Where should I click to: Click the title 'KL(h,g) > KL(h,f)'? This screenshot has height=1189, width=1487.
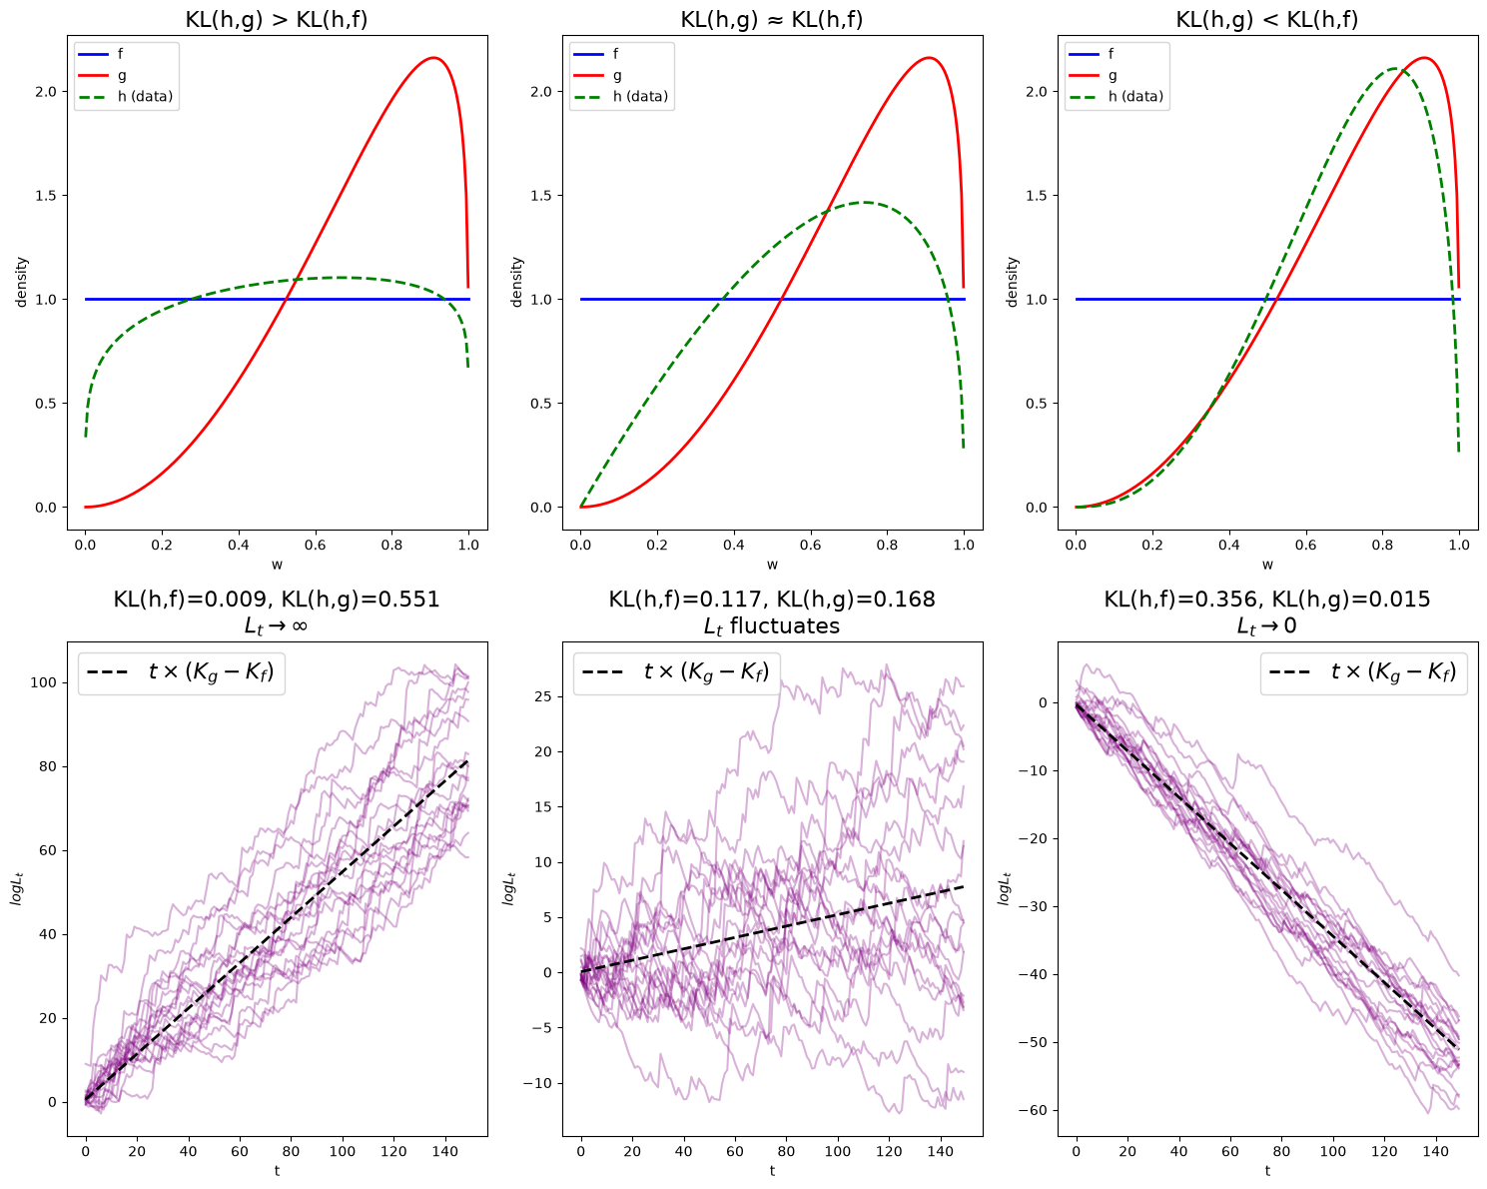click(277, 19)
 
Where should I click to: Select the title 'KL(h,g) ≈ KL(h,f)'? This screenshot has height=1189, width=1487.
click(771, 19)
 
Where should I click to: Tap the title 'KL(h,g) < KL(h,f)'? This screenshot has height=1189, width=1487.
click(1266, 19)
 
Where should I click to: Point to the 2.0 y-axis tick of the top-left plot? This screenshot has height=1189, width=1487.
click(47, 92)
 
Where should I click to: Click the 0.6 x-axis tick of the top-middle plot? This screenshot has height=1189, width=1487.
click(810, 545)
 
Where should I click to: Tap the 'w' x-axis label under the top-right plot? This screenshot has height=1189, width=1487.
click(1267, 565)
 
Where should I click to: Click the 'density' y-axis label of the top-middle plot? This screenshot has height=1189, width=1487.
click(517, 282)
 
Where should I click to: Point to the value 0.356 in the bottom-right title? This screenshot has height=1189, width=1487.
click(1227, 598)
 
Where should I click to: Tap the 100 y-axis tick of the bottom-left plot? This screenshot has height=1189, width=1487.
click(44, 682)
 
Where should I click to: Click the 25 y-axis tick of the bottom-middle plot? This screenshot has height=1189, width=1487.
click(544, 696)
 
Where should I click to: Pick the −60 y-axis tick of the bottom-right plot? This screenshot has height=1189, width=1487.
click(1033, 1110)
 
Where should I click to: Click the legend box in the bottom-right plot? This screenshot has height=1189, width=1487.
click(1363, 673)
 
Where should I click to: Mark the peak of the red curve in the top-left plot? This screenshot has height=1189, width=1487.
click(434, 57)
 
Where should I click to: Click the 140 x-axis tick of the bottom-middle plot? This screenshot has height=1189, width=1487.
click(940, 1151)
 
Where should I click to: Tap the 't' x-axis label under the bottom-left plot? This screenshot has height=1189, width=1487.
click(277, 1170)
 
